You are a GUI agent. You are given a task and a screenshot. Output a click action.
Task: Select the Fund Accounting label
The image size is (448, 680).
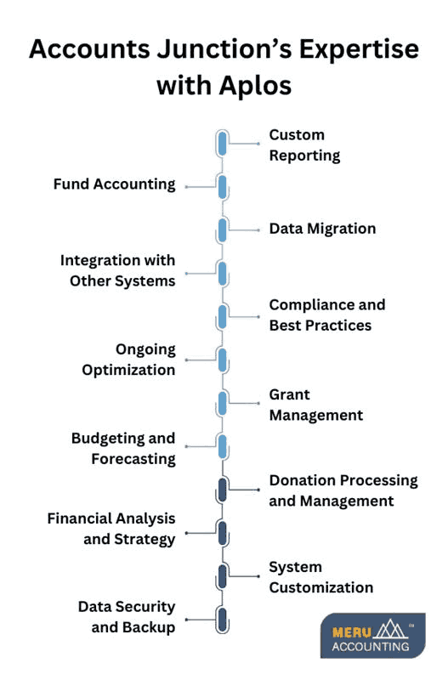click(x=114, y=184)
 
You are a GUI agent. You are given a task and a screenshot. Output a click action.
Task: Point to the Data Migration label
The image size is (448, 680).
click(x=322, y=229)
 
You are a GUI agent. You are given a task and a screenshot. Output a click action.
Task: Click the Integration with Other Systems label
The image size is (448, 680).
click(x=117, y=270)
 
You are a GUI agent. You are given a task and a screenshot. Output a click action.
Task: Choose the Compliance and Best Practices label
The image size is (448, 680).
click(x=326, y=314)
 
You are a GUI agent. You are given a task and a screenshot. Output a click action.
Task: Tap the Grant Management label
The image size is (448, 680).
click(x=315, y=405)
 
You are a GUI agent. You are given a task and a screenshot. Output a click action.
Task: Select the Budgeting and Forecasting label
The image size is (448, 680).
click(x=123, y=449)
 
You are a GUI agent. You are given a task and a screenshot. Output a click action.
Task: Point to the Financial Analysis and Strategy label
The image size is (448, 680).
click(x=111, y=529)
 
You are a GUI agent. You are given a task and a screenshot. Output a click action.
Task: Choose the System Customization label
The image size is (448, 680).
click(x=320, y=577)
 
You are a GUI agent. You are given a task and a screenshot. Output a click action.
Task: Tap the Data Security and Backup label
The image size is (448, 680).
click(x=127, y=617)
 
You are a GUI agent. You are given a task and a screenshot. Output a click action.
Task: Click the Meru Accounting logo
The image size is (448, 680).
click(x=372, y=635)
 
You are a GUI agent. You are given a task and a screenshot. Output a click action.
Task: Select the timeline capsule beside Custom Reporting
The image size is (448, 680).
click(x=222, y=143)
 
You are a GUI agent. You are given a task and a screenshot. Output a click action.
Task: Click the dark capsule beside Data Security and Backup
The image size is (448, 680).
click(x=222, y=619)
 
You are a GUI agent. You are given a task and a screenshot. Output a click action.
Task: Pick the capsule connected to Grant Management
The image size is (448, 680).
click(x=222, y=403)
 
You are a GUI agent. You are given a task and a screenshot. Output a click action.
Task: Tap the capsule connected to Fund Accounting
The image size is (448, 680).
click(x=222, y=187)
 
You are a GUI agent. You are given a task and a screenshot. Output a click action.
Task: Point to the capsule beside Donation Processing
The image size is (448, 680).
click(x=222, y=490)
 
